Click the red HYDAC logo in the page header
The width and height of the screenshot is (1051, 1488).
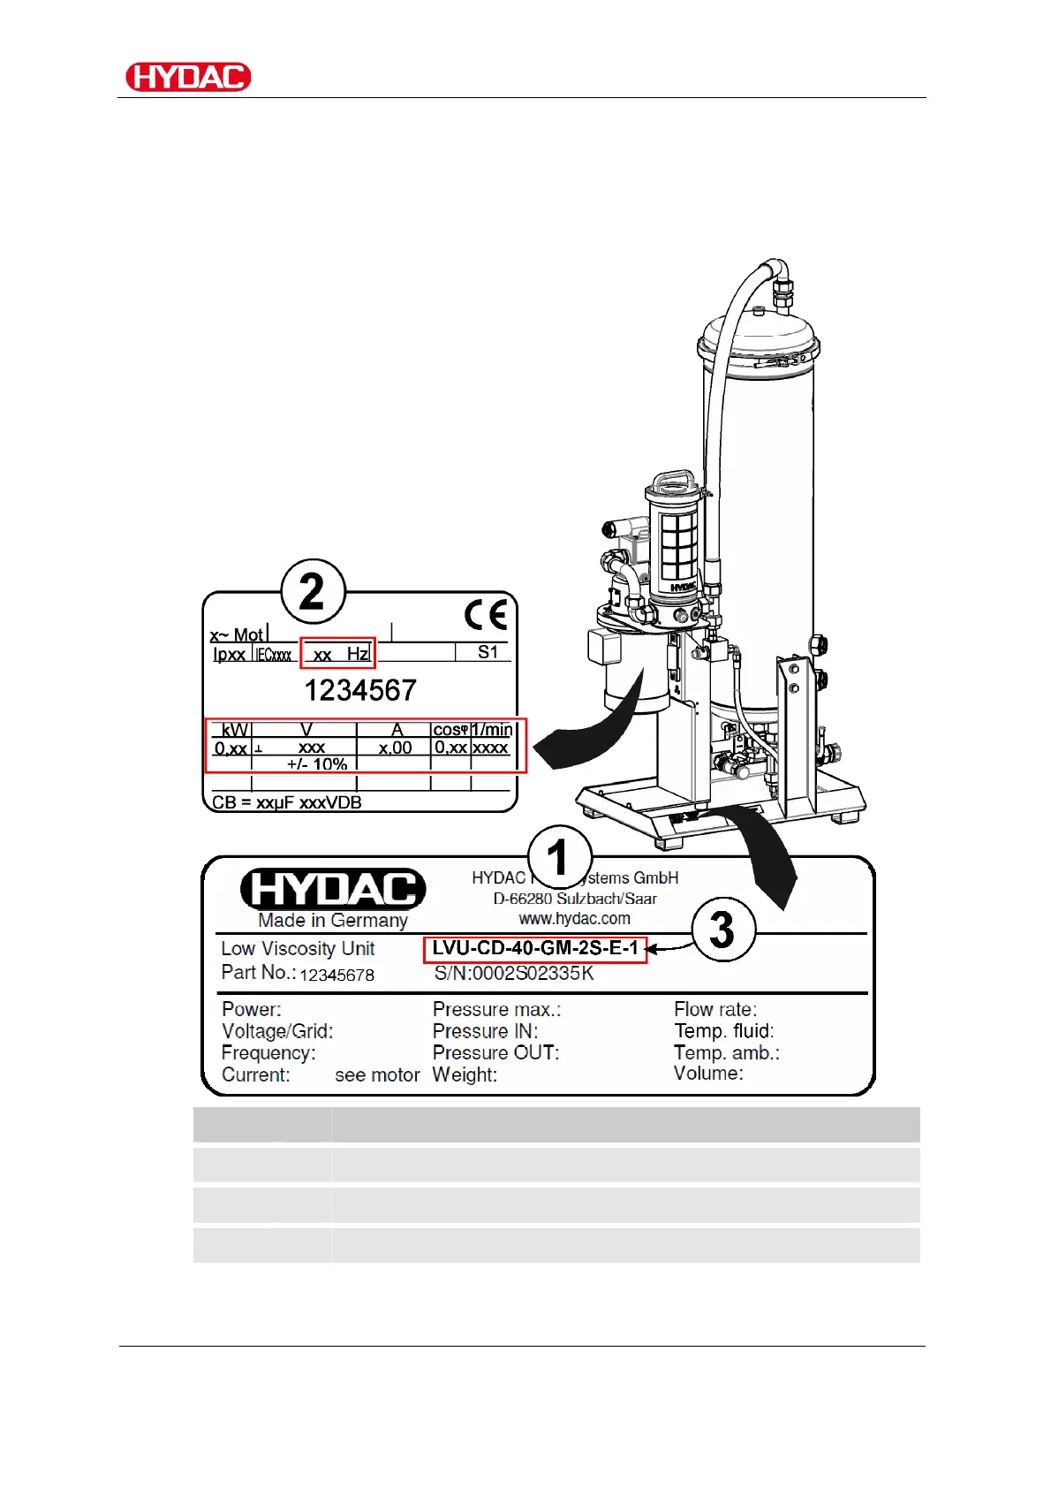[x=188, y=77]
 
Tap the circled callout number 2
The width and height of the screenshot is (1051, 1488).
[x=313, y=592]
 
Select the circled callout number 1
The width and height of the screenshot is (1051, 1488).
[x=559, y=858]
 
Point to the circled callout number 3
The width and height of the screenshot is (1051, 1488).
[x=723, y=930]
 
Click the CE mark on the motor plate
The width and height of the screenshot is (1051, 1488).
[x=486, y=615]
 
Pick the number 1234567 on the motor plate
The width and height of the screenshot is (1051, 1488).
[x=359, y=690]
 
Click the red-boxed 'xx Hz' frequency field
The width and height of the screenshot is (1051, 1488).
[x=338, y=654]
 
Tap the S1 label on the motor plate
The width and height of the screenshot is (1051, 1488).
[x=488, y=652]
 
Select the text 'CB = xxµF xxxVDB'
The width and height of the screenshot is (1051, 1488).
[x=287, y=802]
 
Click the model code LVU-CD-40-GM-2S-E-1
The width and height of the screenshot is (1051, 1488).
[x=535, y=949]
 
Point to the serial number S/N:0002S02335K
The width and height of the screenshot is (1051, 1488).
[x=514, y=974]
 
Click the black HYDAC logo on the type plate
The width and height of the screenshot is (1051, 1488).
[x=333, y=889]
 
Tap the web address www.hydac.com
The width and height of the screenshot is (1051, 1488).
[x=574, y=919]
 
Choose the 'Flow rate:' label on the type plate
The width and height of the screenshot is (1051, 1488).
[x=715, y=1009]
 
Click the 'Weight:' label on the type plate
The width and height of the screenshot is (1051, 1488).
[x=465, y=1074]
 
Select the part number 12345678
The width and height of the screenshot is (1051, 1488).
[x=336, y=976]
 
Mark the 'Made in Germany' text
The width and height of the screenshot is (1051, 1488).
[x=333, y=921]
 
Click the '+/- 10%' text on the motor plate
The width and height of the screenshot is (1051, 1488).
[x=317, y=764]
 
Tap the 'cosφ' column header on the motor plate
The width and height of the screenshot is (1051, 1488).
[x=450, y=730]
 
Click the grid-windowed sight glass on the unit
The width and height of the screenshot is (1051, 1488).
[x=679, y=543]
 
